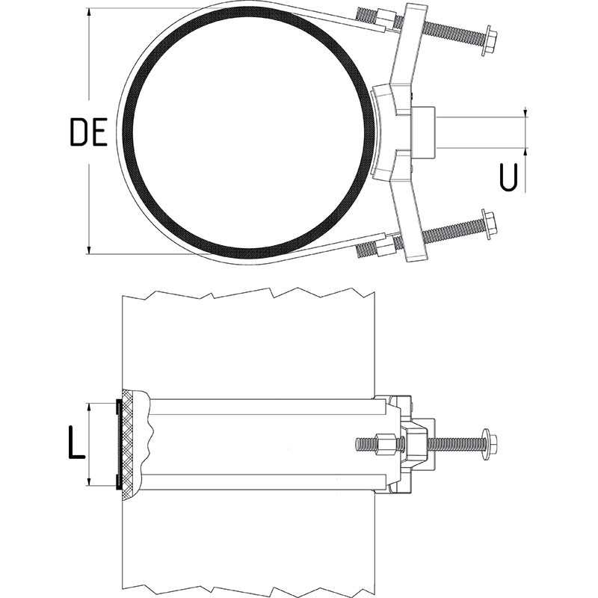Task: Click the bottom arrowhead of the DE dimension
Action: [89, 250]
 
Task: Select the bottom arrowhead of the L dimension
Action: [89, 481]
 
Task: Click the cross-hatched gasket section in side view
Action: [131, 444]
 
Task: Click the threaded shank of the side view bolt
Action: [456, 444]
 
